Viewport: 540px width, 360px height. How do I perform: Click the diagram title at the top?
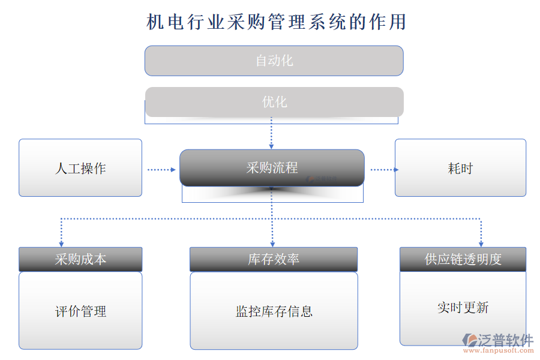point(277,22)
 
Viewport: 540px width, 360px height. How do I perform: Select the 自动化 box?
point(274,61)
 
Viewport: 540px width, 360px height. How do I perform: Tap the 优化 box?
point(274,102)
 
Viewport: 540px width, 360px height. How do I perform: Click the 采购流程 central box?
point(272,168)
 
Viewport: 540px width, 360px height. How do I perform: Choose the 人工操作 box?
point(80,168)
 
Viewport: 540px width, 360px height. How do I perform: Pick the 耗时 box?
point(460,168)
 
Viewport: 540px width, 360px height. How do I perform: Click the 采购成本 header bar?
point(80,259)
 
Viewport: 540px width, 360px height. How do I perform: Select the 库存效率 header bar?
point(274,259)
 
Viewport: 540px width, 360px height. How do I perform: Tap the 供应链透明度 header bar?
point(463,259)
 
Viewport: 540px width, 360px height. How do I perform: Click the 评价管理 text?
point(80,311)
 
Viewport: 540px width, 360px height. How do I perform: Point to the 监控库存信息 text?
point(274,311)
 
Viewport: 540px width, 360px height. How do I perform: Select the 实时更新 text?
point(463,308)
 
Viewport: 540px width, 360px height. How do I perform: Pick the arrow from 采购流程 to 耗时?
point(384,170)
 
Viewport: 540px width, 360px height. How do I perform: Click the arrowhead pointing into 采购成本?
point(61,243)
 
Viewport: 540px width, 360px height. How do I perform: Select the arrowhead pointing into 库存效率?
point(272,243)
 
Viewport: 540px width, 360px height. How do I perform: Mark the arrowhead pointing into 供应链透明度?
point(481,243)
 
